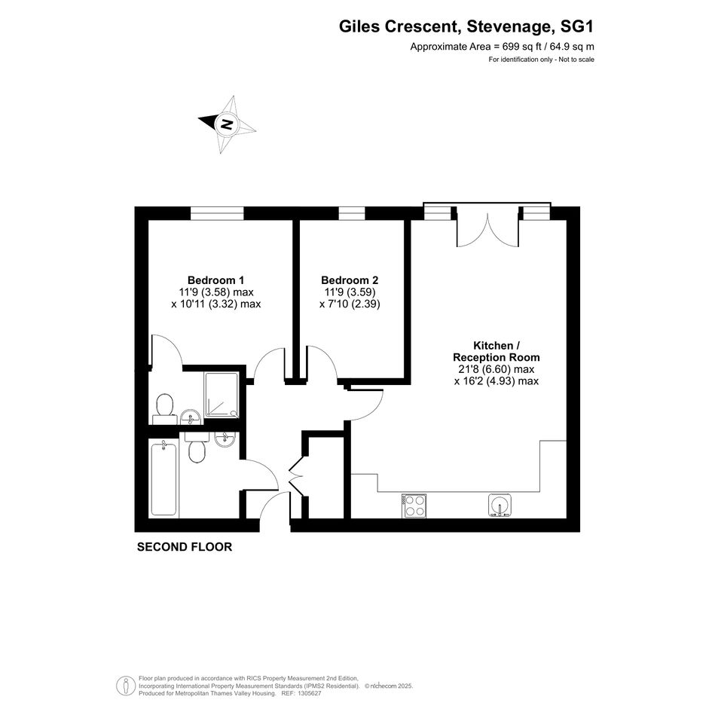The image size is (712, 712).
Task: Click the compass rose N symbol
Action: (x=226, y=124)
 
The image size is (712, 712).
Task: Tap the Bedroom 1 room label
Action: (x=215, y=280)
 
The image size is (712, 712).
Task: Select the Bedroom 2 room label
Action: (x=350, y=280)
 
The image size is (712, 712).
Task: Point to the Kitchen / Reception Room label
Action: (x=497, y=351)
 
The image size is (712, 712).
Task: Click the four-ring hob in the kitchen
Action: (x=414, y=506)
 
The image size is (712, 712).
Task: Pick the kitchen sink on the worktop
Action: (x=500, y=506)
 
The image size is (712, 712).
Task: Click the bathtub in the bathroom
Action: (x=163, y=479)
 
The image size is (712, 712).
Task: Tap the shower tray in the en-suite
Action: (x=222, y=395)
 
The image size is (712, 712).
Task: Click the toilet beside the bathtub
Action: (x=197, y=448)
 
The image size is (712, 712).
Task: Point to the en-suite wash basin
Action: (x=191, y=417)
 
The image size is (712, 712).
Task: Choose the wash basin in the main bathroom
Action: (x=224, y=439)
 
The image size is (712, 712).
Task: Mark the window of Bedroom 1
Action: (x=217, y=213)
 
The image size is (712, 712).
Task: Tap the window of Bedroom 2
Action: (x=352, y=213)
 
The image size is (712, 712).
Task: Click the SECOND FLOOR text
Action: (x=185, y=547)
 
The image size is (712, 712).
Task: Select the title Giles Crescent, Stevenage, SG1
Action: (x=466, y=27)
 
